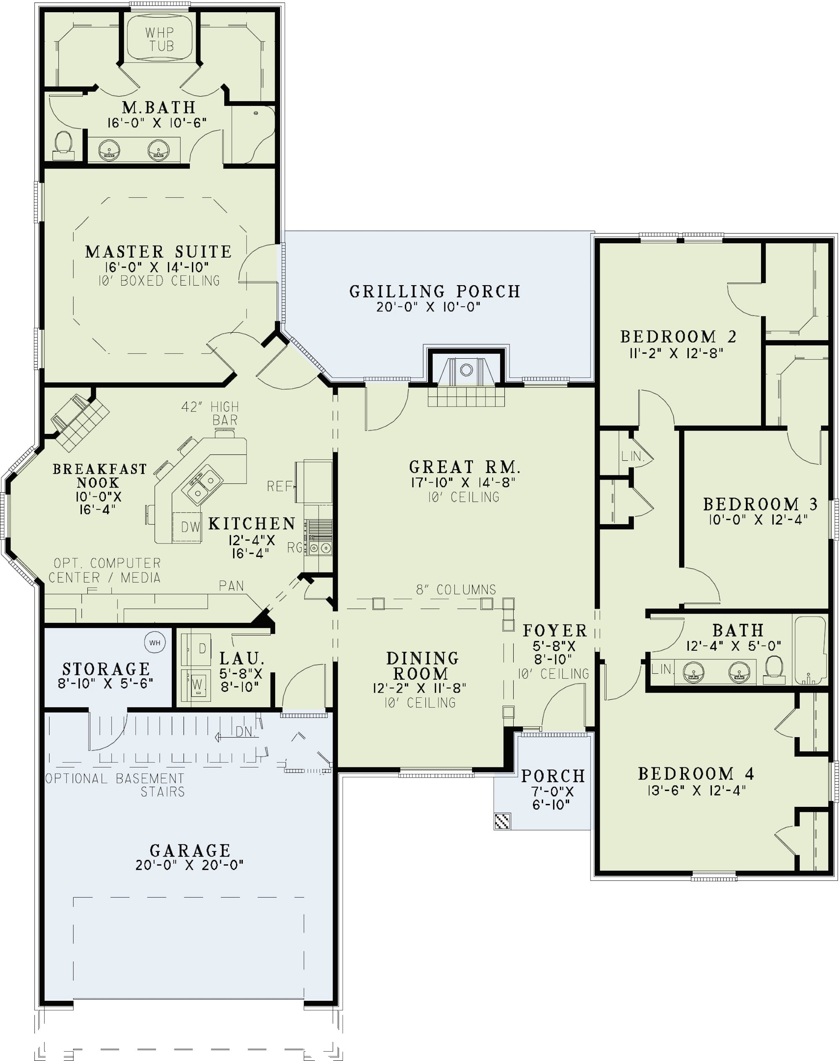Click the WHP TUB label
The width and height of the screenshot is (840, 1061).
click(x=160, y=39)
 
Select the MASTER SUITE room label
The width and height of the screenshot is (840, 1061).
click(x=158, y=252)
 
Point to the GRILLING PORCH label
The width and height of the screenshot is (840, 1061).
click(x=435, y=291)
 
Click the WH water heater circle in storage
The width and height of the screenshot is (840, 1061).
click(x=155, y=642)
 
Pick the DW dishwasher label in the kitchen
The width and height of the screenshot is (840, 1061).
click(x=190, y=527)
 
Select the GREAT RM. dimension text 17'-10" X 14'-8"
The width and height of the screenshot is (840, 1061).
click(x=463, y=482)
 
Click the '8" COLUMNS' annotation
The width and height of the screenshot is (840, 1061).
click(x=456, y=589)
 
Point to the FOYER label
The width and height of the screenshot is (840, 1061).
click(x=555, y=630)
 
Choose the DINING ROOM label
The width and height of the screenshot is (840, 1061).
click(x=423, y=665)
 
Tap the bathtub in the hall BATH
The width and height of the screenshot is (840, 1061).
click(x=810, y=650)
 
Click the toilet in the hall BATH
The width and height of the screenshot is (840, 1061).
click(x=774, y=670)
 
